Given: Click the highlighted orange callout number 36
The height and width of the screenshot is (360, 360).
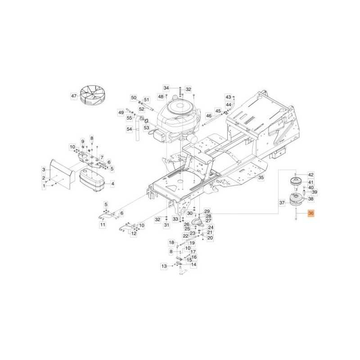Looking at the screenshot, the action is [x=311, y=213].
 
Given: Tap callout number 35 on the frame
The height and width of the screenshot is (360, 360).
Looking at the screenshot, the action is [x=261, y=177].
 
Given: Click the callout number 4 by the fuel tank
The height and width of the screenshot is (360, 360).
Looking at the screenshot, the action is [x=112, y=184].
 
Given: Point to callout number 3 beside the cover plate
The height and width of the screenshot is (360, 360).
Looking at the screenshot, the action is [x=44, y=170].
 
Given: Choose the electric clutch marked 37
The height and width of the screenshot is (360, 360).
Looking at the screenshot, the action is [x=296, y=200].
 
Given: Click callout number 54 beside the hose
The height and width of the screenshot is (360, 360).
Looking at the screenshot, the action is [x=130, y=129].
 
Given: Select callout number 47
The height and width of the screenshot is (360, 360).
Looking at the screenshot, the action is [x=74, y=96].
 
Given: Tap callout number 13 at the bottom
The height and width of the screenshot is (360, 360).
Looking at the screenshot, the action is [x=164, y=266].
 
